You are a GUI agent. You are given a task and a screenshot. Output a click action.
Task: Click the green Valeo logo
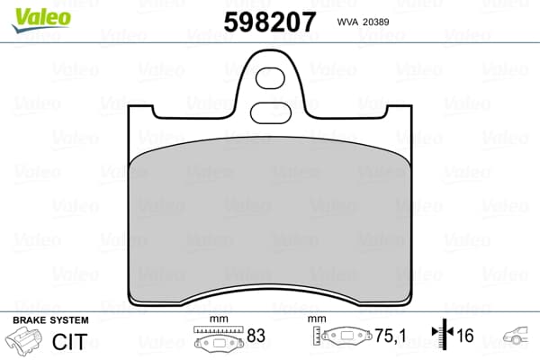tap(41, 20)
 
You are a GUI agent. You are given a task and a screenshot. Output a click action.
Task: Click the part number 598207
tap(270, 22)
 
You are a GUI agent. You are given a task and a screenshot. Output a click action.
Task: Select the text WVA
tap(347, 22)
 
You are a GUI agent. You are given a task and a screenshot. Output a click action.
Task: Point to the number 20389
tap(376, 22)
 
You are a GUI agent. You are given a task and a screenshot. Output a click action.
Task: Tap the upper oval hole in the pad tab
tap(270, 78)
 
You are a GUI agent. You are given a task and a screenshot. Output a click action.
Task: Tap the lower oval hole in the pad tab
tap(271, 113)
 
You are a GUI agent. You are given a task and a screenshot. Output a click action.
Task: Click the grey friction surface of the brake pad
tap(270, 220)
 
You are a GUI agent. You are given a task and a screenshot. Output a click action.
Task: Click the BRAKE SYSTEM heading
tap(50, 320)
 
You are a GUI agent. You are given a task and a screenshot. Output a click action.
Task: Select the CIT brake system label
tap(69, 342)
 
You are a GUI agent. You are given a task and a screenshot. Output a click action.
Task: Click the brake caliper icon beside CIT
tap(23, 338)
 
